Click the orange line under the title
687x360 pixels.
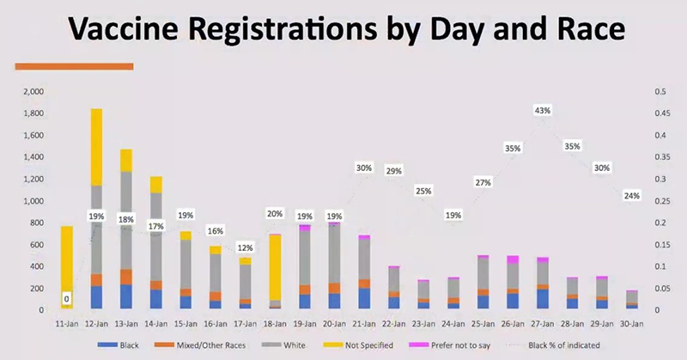click(x=74, y=65)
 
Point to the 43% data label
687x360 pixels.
click(x=542, y=110)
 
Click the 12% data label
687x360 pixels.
click(x=245, y=247)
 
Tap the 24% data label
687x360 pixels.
click(x=631, y=196)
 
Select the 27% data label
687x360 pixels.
click(x=483, y=182)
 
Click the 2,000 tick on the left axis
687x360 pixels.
click(x=33, y=91)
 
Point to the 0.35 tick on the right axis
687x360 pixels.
click(x=662, y=157)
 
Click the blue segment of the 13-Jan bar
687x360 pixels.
click(x=126, y=296)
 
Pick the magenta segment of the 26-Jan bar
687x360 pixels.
click(x=513, y=259)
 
